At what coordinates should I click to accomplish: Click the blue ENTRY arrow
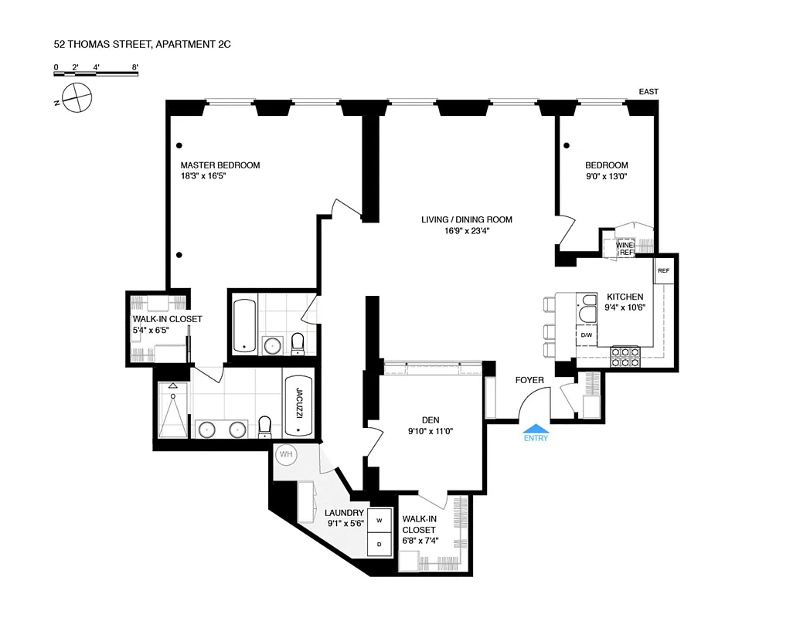point(536,429)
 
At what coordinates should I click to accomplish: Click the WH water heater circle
point(286,454)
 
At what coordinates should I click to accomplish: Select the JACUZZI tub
point(298,406)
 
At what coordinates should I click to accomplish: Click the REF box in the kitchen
point(663,271)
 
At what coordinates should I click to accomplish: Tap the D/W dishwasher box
point(587,334)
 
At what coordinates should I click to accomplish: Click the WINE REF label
point(625,249)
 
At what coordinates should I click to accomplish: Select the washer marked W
point(379,521)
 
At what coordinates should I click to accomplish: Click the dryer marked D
point(379,544)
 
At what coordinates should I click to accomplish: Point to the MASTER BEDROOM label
point(220,165)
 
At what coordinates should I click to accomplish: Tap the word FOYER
point(529,380)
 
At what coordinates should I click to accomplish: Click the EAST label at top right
point(649,92)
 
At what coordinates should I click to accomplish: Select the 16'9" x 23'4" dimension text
point(466,231)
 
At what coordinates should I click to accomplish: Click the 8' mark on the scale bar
point(135,67)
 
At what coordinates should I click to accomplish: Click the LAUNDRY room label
point(344,512)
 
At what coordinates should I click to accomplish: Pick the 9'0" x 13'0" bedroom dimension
point(606,177)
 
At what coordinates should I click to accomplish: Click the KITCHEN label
point(625,297)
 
